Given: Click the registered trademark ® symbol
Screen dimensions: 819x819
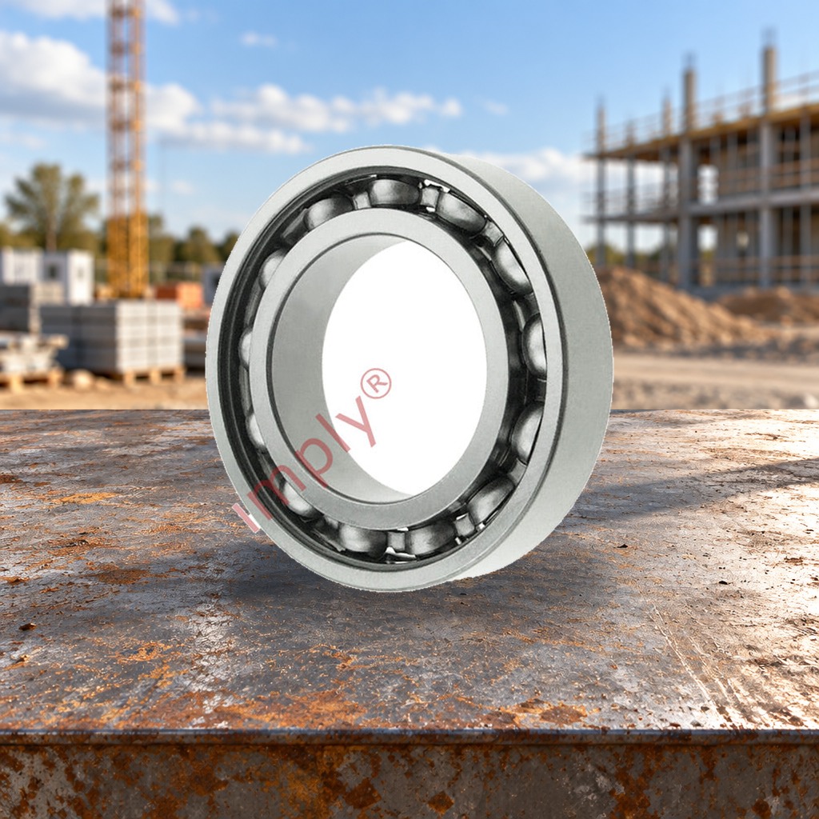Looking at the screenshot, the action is (376, 383).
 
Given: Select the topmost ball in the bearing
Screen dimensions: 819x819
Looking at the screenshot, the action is (394, 192).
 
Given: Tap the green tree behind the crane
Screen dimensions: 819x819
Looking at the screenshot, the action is (50, 206).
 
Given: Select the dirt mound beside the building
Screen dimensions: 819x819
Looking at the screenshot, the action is (673, 309).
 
